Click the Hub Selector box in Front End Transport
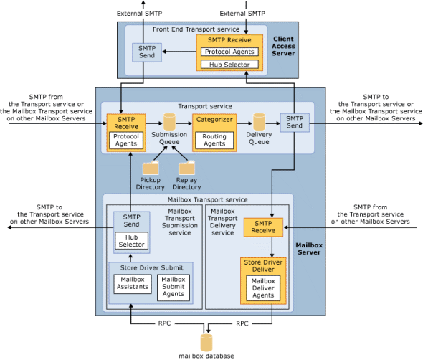point(229,65)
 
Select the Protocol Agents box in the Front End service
point(229,52)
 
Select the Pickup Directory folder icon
point(151,168)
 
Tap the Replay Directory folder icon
point(186,168)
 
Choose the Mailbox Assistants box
point(133,283)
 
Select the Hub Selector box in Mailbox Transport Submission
point(131,240)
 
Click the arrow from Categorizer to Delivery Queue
point(244,122)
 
